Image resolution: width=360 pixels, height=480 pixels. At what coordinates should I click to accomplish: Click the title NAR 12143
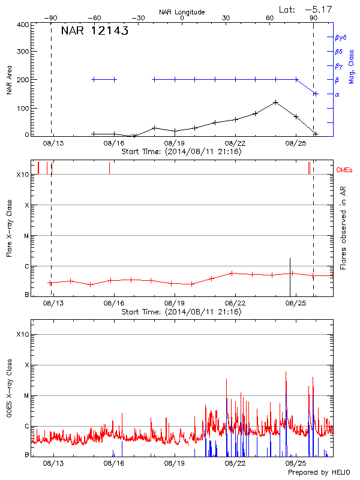tap(94, 32)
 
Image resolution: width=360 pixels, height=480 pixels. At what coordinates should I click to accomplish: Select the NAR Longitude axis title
tap(182, 12)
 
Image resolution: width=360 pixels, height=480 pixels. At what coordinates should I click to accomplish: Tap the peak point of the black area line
tap(275, 102)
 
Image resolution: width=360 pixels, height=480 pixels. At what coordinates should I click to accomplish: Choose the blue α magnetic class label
tap(337, 94)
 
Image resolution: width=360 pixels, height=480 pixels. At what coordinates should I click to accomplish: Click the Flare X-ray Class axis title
tap(8, 227)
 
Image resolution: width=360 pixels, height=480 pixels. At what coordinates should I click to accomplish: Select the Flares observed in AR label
tap(343, 227)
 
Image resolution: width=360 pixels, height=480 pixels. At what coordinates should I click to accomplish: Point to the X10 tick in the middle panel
tap(23, 175)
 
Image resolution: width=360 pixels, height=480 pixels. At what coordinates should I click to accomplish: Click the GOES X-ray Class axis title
tap(8, 387)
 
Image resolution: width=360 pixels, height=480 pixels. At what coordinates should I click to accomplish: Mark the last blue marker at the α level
tap(315, 94)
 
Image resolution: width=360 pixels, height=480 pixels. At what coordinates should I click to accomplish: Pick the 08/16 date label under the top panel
tap(113, 144)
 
